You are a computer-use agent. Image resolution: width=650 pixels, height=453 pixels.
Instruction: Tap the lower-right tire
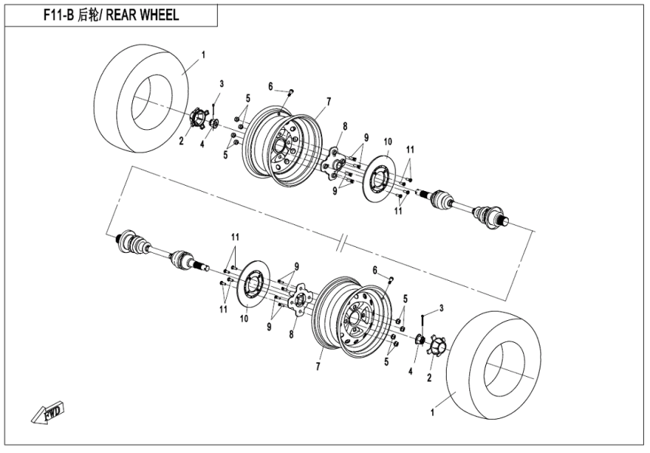click(495, 362)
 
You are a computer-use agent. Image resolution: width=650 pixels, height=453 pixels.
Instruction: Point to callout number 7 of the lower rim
click(319, 366)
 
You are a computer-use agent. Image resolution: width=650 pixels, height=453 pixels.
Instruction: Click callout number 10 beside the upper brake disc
click(387, 142)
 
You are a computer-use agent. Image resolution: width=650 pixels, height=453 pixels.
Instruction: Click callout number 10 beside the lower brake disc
click(244, 319)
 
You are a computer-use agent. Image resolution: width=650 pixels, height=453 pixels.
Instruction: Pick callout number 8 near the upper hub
click(345, 125)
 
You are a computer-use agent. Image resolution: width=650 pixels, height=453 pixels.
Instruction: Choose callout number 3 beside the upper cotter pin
click(222, 82)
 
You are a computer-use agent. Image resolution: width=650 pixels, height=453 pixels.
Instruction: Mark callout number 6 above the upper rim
click(270, 86)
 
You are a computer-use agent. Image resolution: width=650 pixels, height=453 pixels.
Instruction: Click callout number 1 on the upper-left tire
click(203, 55)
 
